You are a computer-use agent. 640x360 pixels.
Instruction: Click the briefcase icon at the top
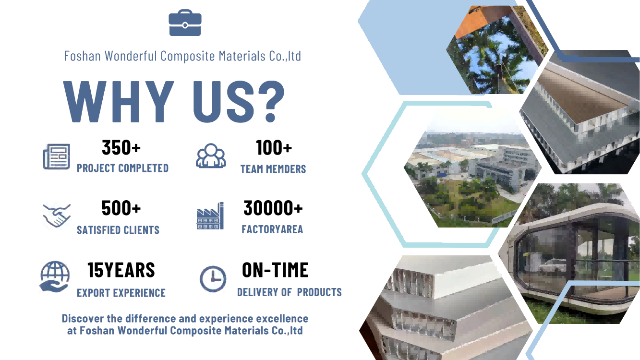tap(185, 23)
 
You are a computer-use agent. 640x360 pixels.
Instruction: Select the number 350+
tap(121, 148)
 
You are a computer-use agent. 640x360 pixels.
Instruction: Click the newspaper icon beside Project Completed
tap(56, 156)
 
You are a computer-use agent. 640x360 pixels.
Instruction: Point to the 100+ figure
tap(274, 148)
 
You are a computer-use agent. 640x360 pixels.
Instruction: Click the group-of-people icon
tap(211, 156)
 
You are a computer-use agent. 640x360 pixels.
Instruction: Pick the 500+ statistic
tap(121, 208)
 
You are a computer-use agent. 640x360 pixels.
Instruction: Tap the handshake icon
tap(57, 216)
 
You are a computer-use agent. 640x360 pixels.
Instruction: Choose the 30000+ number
tap(273, 208)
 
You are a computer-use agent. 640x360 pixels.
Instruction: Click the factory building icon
tap(210, 216)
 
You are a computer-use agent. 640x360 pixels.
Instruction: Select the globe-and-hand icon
tap(55, 276)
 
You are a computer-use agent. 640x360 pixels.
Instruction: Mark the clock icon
tap(213, 279)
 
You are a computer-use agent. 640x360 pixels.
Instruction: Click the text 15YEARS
tap(121, 270)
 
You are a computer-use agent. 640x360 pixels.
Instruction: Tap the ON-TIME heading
tap(275, 270)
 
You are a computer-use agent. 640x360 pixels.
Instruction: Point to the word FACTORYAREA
tap(272, 229)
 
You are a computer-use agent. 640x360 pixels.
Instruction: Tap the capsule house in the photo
tap(574, 257)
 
